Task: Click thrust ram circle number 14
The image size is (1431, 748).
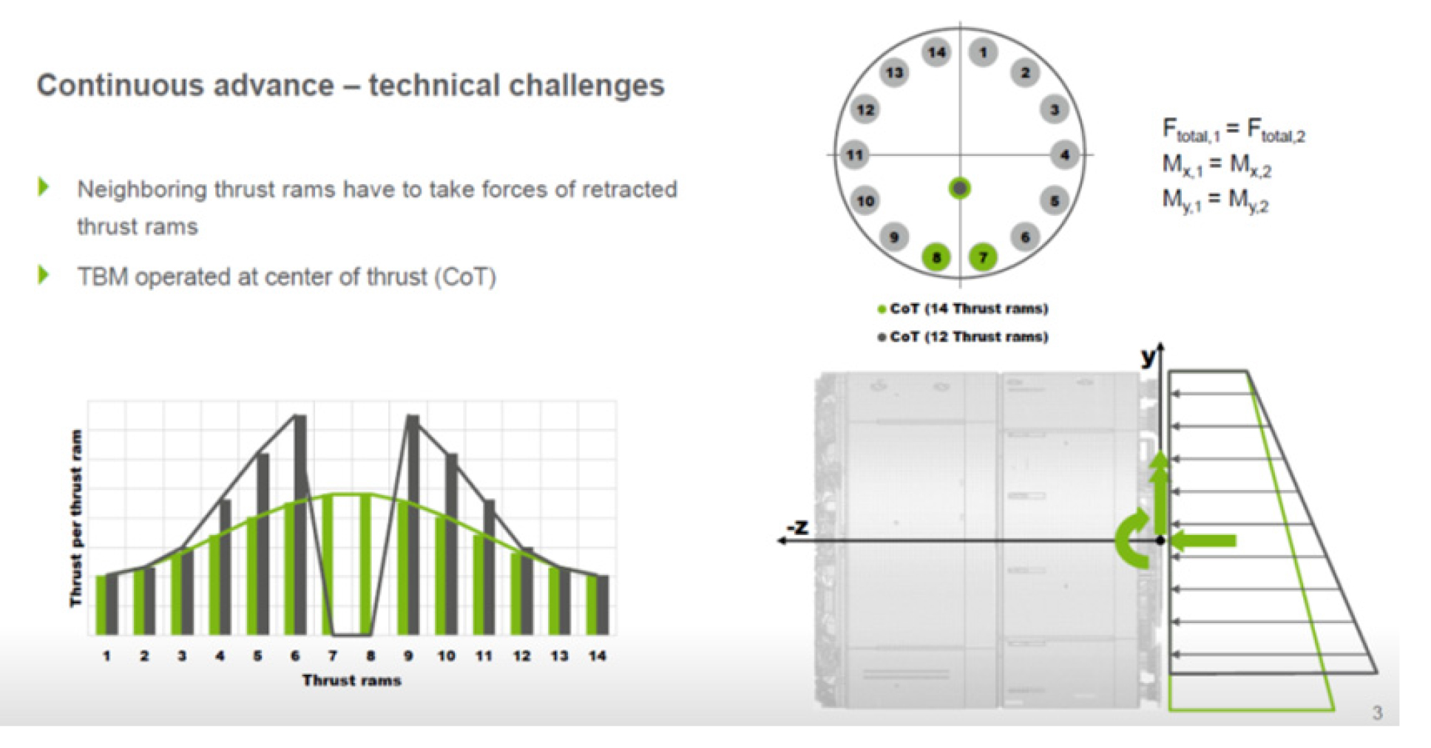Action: (x=936, y=52)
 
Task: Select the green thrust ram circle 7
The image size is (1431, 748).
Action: (x=983, y=257)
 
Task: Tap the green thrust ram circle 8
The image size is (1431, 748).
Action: (x=936, y=257)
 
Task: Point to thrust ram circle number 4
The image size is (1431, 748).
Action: (x=1064, y=155)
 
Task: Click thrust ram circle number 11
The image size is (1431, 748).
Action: (x=855, y=155)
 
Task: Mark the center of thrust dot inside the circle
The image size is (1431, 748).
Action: (x=959, y=189)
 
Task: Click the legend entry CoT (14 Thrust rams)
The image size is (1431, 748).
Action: (x=963, y=308)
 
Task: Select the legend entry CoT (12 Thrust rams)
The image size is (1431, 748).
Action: (x=963, y=336)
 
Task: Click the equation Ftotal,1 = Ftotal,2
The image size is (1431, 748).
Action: (x=1234, y=130)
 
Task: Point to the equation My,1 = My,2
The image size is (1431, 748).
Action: (x=1215, y=200)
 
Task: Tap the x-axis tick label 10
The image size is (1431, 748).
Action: (x=446, y=656)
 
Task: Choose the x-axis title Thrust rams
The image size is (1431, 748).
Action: (x=352, y=680)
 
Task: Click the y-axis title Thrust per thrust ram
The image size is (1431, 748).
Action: (x=75, y=518)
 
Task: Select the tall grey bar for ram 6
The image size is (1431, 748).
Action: (x=300, y=525)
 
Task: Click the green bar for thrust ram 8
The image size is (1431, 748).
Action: (x=365, y=565)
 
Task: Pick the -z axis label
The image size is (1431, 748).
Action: (x=797, y=527)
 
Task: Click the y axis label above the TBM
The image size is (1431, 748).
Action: (x=1148, y=358)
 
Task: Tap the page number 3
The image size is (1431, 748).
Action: (x=1377, y=713)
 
